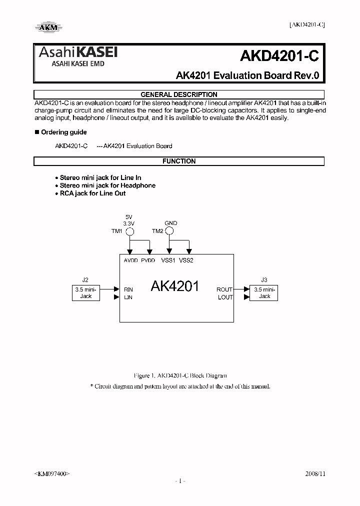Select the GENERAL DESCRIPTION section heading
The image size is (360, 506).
point(178,94)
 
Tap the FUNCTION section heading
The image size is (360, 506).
point(178,161)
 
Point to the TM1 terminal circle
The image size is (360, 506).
point(129,231)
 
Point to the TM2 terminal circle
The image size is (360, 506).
point(169,231)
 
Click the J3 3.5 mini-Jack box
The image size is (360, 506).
point(264,293)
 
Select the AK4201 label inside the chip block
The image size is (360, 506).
point(174,286)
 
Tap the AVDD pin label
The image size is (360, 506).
point(130,260)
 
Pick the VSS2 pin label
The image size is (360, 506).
point(186,260)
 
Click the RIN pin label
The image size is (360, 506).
point(128,289)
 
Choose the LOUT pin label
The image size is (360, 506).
point(225,297)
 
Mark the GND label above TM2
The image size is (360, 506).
point(170,223)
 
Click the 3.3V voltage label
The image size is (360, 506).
point(129,223)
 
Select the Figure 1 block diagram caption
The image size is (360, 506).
point(180,375)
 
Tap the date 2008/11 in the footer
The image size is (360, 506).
point(315,473)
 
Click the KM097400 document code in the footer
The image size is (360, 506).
point(52,473)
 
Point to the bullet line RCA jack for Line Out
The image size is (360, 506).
point(92,193)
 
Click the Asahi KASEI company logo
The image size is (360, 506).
point(76,55)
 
